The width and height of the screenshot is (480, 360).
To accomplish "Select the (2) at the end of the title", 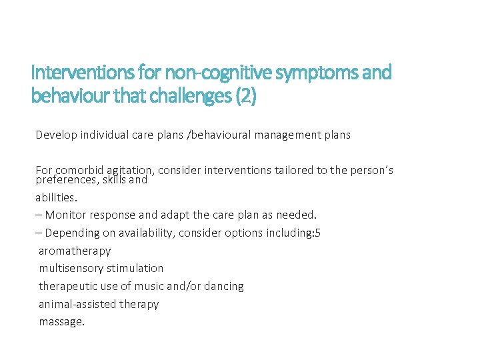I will tap(245, 96).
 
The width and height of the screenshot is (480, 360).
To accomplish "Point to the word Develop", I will tap(57, 135).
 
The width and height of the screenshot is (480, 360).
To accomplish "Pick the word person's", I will tap(369, 170).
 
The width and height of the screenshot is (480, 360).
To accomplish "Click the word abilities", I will tap(57, 197).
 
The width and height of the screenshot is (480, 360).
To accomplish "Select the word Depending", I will tap(73, 233).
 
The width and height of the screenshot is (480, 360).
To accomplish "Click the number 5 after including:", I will tap(318, 233).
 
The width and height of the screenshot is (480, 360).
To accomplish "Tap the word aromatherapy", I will tap(75, 251).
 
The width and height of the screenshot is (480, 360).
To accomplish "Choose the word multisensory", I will tap(71, 268).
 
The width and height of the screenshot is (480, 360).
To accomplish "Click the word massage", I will tap(61, 322).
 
